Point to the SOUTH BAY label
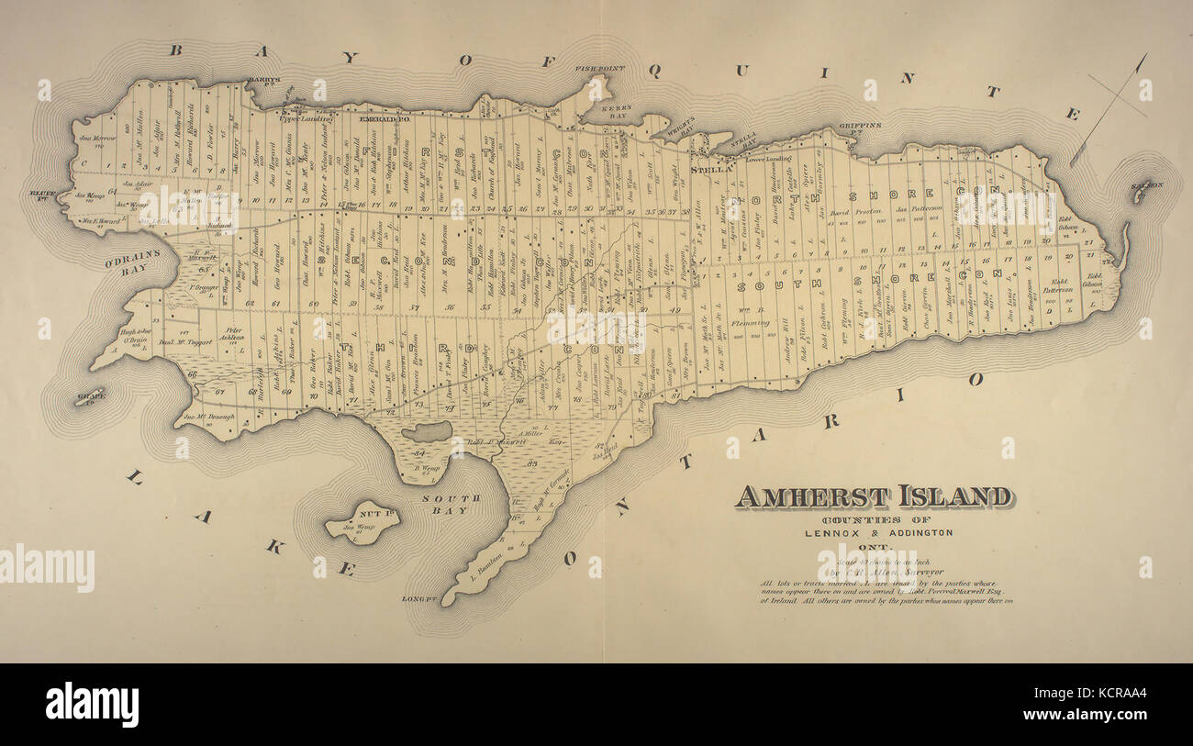click(451, 504)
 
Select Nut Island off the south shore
click(362, 523)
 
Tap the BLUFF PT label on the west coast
click(43, 194)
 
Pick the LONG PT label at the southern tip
click(417, 599)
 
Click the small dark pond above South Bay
click(427, 431)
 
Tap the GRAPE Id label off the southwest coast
click(91, 397)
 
